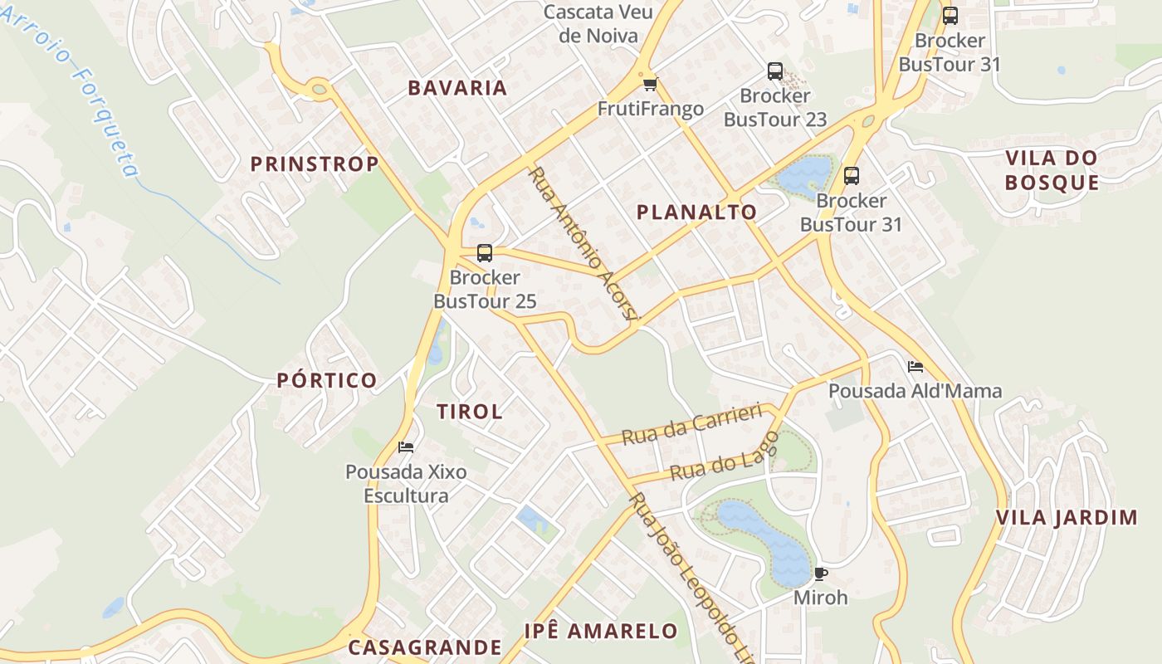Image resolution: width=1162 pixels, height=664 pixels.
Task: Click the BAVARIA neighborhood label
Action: click(x=456, y=88)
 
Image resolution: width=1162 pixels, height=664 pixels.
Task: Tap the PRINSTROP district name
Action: click(x=315, y=164)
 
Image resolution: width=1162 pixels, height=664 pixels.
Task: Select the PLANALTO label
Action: click(x=696, y=212)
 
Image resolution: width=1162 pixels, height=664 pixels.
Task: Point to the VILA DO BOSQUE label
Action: click(x=1052, y=170)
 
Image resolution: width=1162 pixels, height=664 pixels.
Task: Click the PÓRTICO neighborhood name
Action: click(x=327, y=381)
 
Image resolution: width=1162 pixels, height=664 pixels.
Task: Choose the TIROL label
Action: click(x=469, y=412)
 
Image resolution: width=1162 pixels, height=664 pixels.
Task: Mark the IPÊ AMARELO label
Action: click(x=601, y=631)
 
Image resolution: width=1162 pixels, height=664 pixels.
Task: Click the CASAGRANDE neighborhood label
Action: click(x=425, y=647)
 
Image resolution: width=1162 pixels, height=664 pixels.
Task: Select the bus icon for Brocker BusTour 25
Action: click(x=485, y=253)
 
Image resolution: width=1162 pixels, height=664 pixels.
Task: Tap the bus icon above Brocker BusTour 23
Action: click(x=775, y=71)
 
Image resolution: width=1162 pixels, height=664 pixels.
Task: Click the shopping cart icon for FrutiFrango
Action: click(x=651, y=84)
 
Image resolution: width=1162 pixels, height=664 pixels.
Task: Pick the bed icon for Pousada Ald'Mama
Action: click(x=915, y=366)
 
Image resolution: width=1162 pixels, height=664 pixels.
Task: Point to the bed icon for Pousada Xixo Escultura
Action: click(x=406, y=447)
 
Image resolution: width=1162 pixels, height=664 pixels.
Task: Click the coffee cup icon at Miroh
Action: click(x=821, y=574)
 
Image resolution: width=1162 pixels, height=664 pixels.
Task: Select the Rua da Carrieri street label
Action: click(x=691, y=424)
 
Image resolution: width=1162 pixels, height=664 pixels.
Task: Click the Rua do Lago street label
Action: click(x=724, y=457)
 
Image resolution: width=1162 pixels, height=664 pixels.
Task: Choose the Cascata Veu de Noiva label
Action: click(x=598, y=24)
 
